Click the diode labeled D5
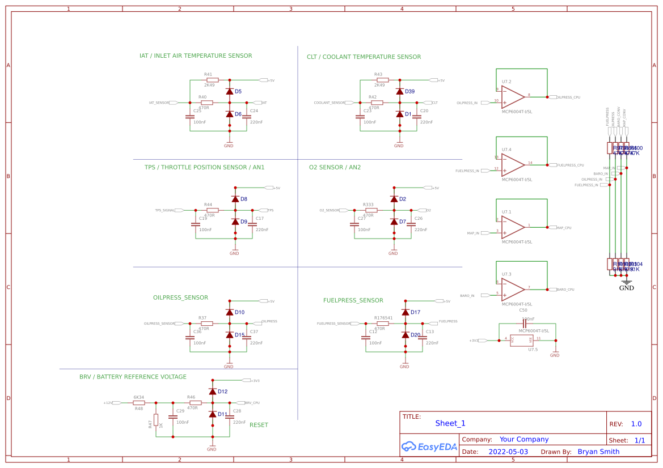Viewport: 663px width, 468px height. (x=230, y=91)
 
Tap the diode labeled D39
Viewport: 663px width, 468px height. (x=400, y=91)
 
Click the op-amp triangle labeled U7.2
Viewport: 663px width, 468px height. (x=513, y=96)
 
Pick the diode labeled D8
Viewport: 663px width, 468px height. (x=235, y=199)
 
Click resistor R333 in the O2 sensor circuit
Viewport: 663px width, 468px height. (x=369, y=210)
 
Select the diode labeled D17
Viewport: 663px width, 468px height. (x=406, y=312)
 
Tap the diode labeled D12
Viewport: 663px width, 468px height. (x=213, y=392)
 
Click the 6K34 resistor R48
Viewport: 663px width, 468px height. (x=138, y=403)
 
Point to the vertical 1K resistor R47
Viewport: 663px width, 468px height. (x=156, y=420)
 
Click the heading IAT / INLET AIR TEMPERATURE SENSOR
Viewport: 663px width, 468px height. (x=196, y=56)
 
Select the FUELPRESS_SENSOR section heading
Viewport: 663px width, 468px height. (x=353, y=300)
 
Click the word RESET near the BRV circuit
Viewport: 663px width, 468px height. (x=259, y=425)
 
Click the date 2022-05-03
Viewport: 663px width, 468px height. (x=508, y=452)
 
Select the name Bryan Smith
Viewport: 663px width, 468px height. (x=598, y=452)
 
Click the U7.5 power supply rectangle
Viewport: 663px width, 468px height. (x=522, y=340)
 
